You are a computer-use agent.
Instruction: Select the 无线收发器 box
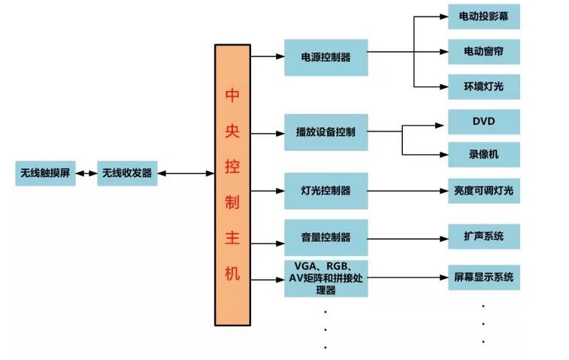[x=126, y=174]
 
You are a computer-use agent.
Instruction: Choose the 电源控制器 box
[x=325, y=56]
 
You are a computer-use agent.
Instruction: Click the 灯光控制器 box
[x=325, y=190]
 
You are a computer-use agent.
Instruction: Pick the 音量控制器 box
[x=325, y=237]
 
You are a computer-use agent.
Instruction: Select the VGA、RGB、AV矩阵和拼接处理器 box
[x=325, y=278]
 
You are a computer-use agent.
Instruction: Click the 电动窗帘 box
[x=483, y=52]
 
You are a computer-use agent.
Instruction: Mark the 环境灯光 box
[x=483, y=86]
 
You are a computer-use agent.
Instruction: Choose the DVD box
[x=483, y=121]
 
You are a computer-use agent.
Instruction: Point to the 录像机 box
[x=483, y=155]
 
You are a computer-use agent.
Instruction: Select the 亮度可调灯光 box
[x=483, y=190]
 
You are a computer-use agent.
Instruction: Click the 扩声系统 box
[x=483, y=237]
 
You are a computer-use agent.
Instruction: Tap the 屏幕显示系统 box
[x=483, y=277]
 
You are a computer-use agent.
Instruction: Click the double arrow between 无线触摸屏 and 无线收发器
[x=86, y=174]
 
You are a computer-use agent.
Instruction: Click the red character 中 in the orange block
[x=232, y=96]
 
